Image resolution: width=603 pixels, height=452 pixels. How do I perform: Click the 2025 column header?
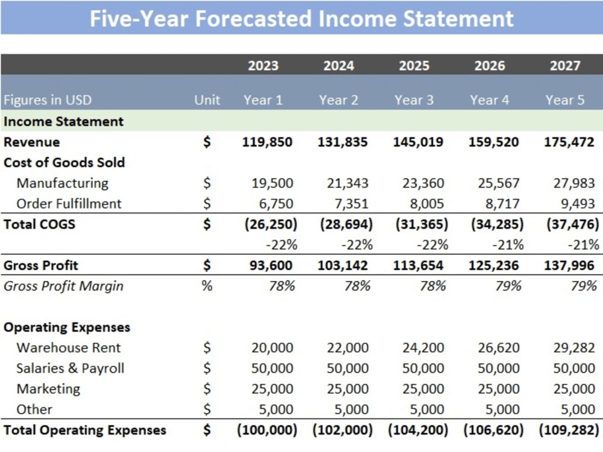point(414,66)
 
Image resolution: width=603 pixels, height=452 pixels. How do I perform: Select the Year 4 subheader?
point(489,100)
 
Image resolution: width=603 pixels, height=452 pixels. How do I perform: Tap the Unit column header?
point(207,100)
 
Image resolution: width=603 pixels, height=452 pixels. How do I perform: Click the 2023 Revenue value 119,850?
point(267,142)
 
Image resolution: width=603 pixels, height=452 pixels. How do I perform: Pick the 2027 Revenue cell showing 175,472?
point(569,142)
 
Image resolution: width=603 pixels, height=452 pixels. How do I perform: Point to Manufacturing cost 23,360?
point(423,183)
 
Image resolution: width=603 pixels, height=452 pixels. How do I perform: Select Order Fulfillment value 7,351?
point(352,204)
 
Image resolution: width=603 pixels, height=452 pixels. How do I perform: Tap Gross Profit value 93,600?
point(271,266)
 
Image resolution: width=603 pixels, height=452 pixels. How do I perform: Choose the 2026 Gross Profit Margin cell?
point(508,286)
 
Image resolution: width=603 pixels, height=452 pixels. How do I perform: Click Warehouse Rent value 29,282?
point(574,348)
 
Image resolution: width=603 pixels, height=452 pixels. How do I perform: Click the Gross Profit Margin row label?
point(63,286)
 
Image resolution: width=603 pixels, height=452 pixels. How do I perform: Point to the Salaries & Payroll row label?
point(71,368)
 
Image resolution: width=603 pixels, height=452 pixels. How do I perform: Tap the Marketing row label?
point(48,389)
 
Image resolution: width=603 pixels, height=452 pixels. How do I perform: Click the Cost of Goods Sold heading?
point(65,163)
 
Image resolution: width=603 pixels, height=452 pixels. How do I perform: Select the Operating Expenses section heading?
point(67,327)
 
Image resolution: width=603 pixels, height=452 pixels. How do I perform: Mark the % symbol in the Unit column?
point(207,286)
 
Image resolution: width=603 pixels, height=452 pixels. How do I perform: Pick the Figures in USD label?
point(48,100)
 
